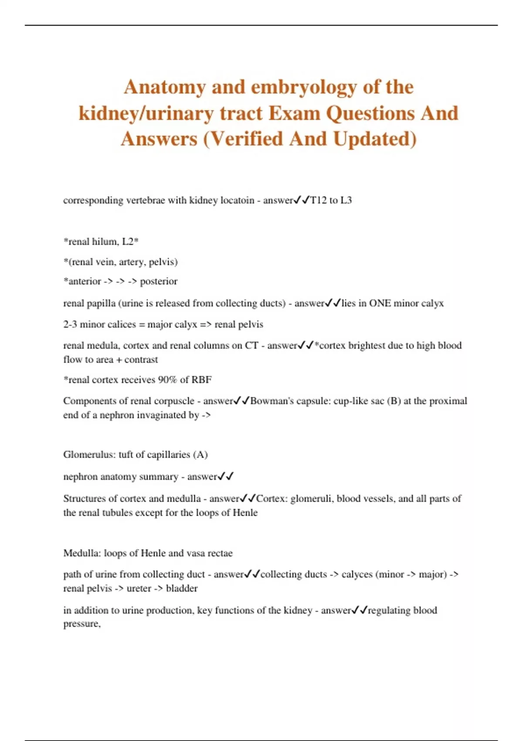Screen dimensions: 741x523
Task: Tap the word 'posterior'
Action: tap(159, 282)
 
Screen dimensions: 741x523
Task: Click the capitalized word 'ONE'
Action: tap(380, 303)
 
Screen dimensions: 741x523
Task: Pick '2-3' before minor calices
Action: tap(70, 325)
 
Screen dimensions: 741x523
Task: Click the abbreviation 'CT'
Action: tap(251, 346)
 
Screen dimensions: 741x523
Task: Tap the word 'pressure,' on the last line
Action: tap(82, 624)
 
